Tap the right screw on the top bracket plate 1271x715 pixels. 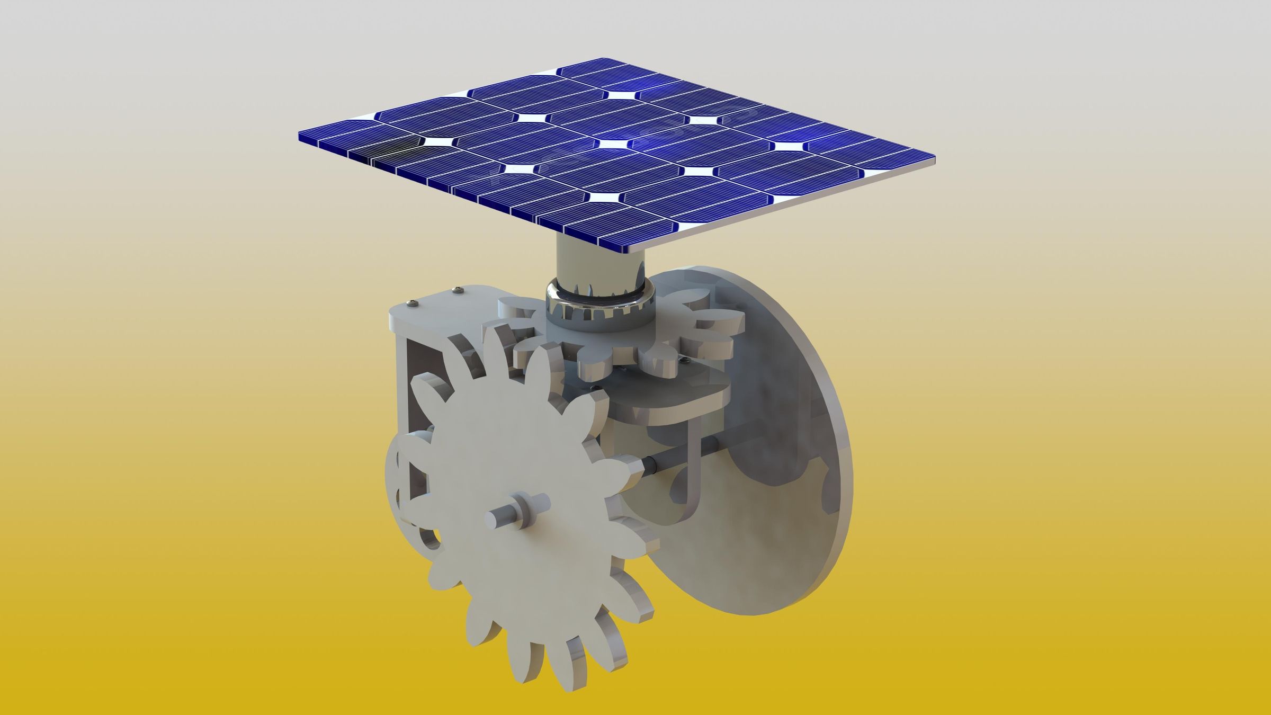click(x=457, y=289)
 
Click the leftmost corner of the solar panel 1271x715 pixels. click(x=300, y=135)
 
